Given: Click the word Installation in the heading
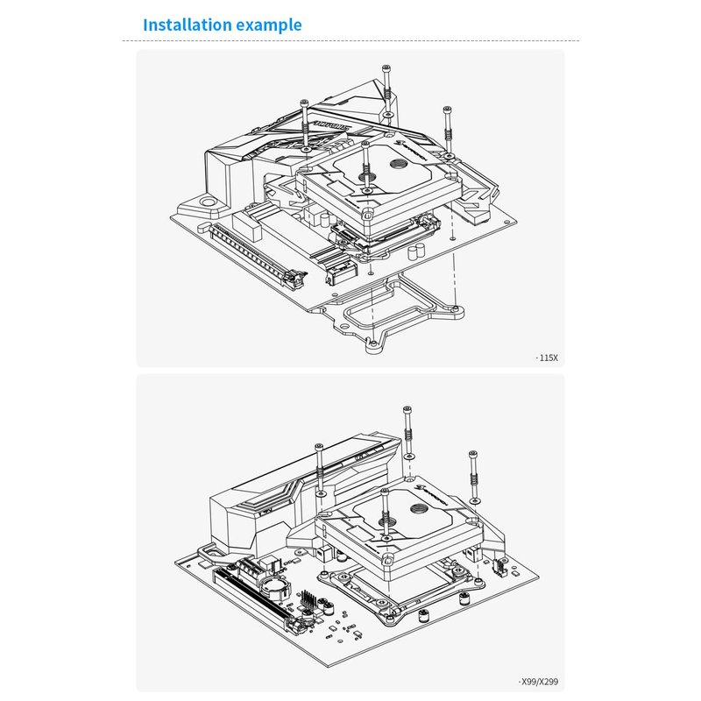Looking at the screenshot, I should point(187,25).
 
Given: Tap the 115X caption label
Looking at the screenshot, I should point(548,358).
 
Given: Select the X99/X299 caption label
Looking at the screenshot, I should point(538,681).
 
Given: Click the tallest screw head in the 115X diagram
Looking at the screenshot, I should point(386,68).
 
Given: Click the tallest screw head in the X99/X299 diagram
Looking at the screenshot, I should point(407,409).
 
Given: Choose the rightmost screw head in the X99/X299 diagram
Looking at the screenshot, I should point(473,453).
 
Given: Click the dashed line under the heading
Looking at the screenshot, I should point(350,41).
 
